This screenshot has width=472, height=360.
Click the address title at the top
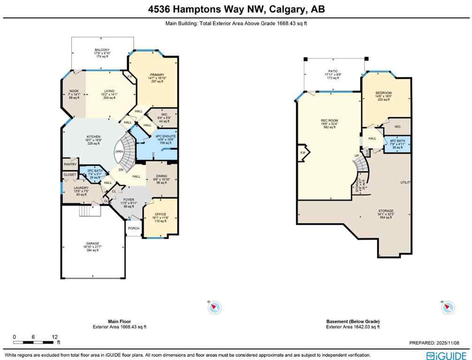[x=236, y=9]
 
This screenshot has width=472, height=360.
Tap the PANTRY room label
[x=70, y=165]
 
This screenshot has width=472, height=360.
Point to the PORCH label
[x=134, y=229]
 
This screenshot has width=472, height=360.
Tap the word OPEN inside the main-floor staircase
[x=119, y=152]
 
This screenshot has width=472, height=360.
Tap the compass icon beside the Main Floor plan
[x=214, y=307]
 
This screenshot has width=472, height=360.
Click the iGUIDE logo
[x=446, y=355]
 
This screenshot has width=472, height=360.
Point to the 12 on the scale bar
[x=55, y=337]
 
